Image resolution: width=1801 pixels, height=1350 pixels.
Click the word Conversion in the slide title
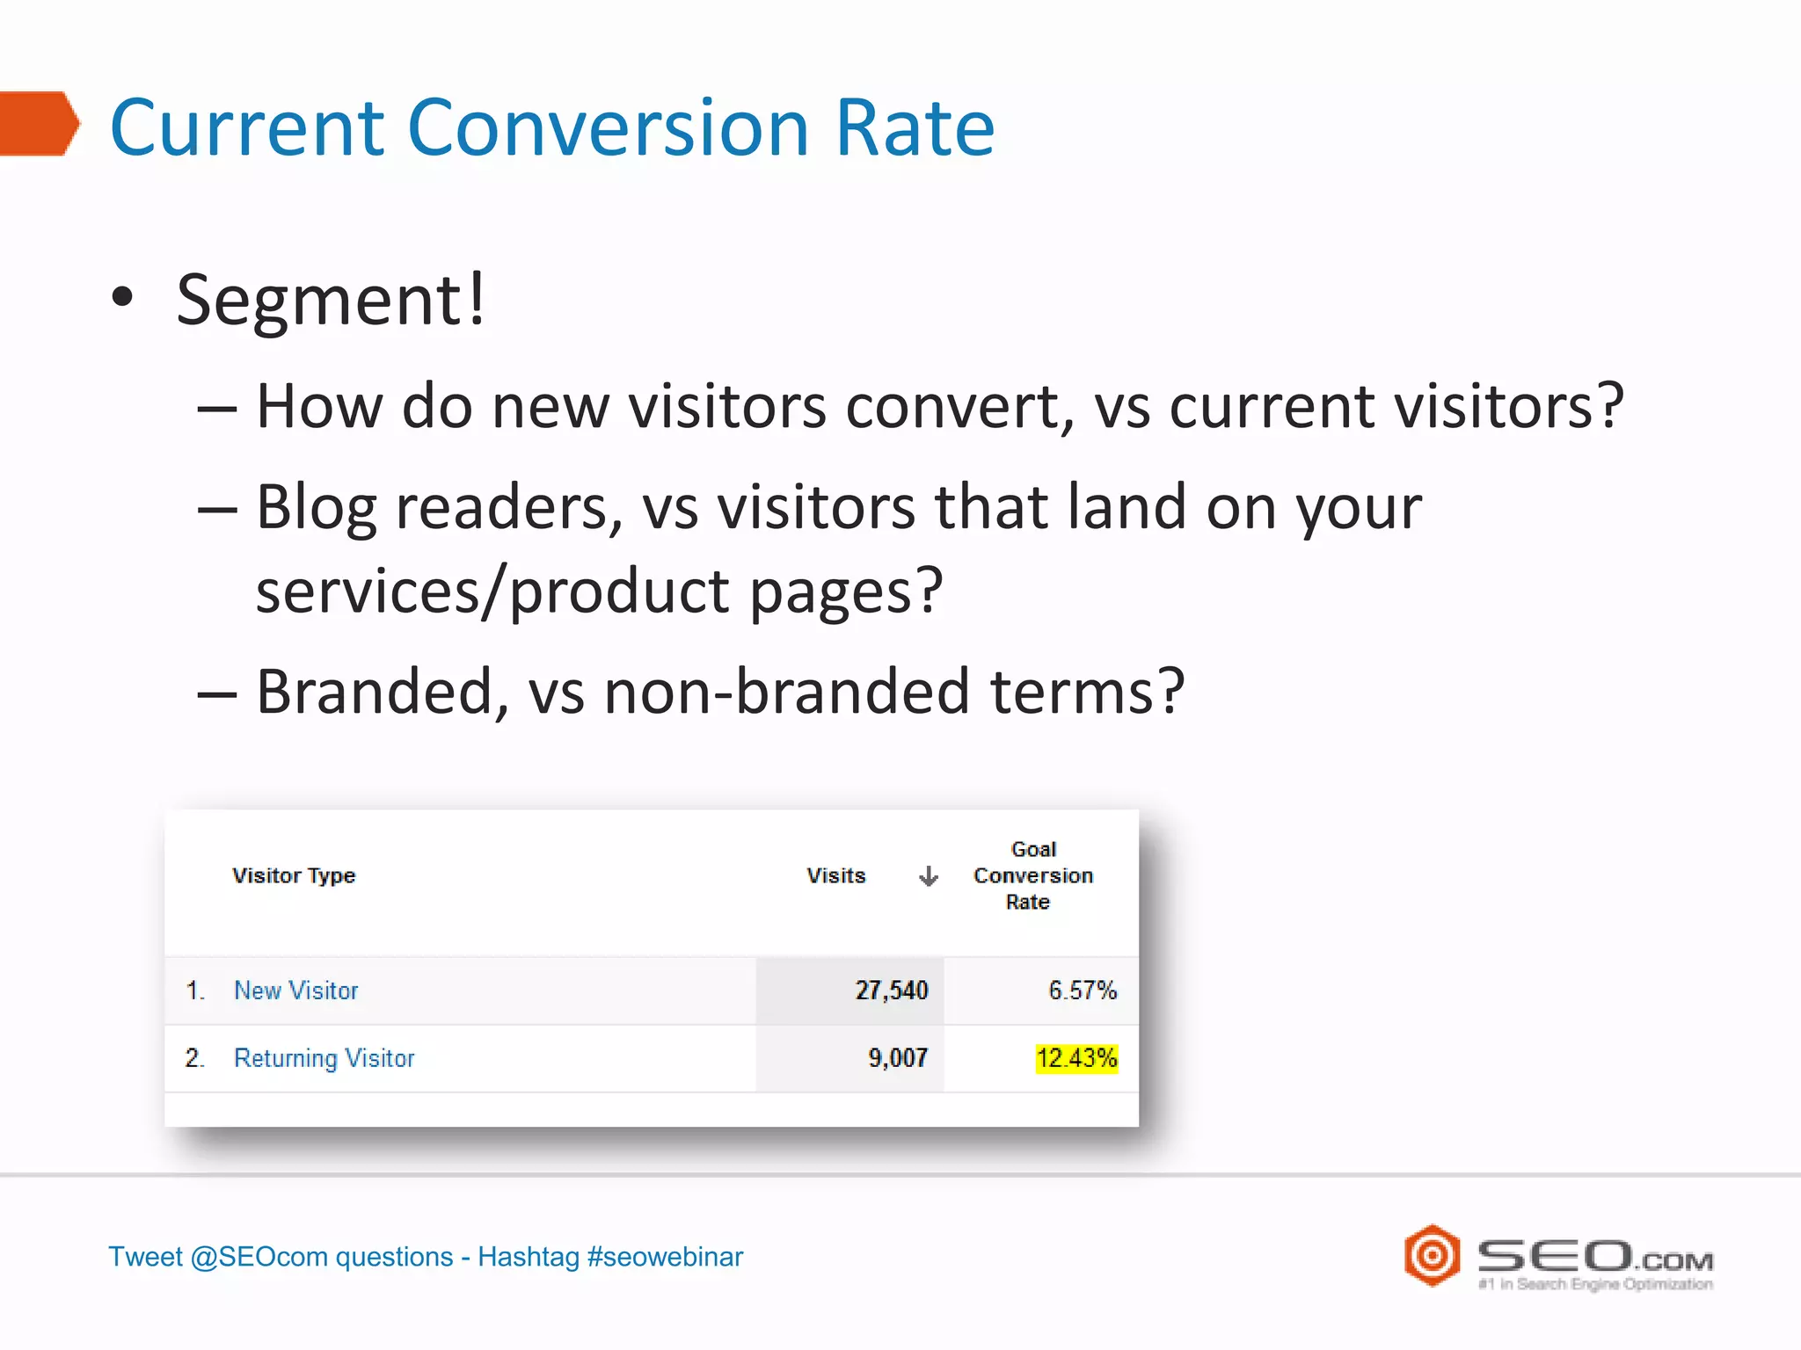click(607, 127)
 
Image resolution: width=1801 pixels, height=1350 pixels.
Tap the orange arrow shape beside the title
click(40, 124)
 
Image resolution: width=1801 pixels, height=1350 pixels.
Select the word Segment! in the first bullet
click(331, 299)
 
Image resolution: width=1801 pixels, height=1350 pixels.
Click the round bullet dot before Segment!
click(123, 297)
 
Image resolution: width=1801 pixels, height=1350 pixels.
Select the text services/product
click(492, 591)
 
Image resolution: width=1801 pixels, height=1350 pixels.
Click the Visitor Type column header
click(294, 875)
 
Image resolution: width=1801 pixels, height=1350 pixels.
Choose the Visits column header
click(835, 875)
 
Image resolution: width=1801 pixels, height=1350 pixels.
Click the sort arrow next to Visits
click(928, 876)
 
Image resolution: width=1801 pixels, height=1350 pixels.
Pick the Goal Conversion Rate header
click(1032, 875)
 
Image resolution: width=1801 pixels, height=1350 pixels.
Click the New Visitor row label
click(296, 991)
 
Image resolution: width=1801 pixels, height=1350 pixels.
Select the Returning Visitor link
click(324, 1058)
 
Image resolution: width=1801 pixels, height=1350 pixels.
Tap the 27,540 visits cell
click(891, 991)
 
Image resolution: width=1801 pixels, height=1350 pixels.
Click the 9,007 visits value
click(897, 1058)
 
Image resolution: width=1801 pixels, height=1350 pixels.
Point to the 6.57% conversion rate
click(1082, 991)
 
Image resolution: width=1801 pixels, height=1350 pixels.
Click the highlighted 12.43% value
click(1076, 1058)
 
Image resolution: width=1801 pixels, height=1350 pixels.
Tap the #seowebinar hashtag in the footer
click(665, 1257)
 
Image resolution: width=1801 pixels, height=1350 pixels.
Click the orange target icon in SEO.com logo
click(1432, 1255)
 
